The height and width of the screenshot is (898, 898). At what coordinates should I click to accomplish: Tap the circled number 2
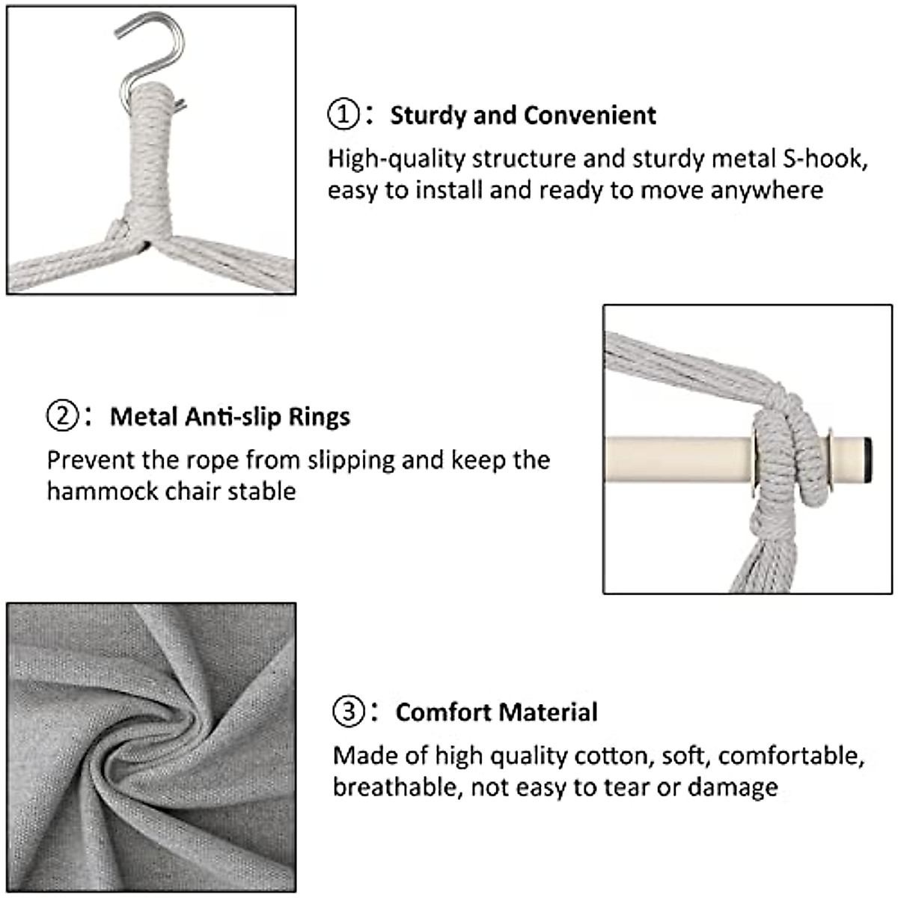pyautogui.click(x=62, y=415)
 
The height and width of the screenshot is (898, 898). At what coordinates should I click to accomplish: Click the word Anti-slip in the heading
pyautogui.click(x=234, y=416)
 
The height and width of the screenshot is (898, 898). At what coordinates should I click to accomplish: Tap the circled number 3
pyautogui.click(x=349, y=711)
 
